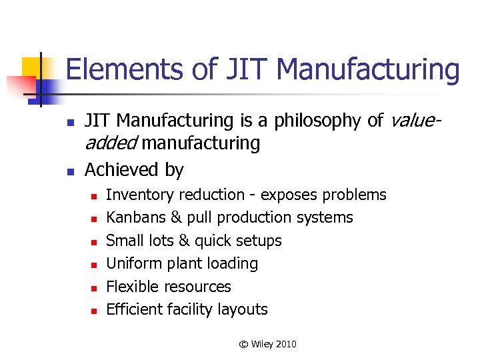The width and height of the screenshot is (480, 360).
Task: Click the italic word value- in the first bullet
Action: tap(414, 121)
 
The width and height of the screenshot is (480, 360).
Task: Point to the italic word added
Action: tap(111, 143)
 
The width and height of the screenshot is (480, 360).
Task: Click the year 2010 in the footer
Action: tap(285, 344)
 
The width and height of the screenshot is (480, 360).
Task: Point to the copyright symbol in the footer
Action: tap(243, 344)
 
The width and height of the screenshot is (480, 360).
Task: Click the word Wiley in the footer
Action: tap(261, 344)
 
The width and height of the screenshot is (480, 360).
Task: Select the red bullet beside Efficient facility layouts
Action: tap(95, 311)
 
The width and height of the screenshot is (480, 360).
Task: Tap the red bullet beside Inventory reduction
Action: tap(95, 196)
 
